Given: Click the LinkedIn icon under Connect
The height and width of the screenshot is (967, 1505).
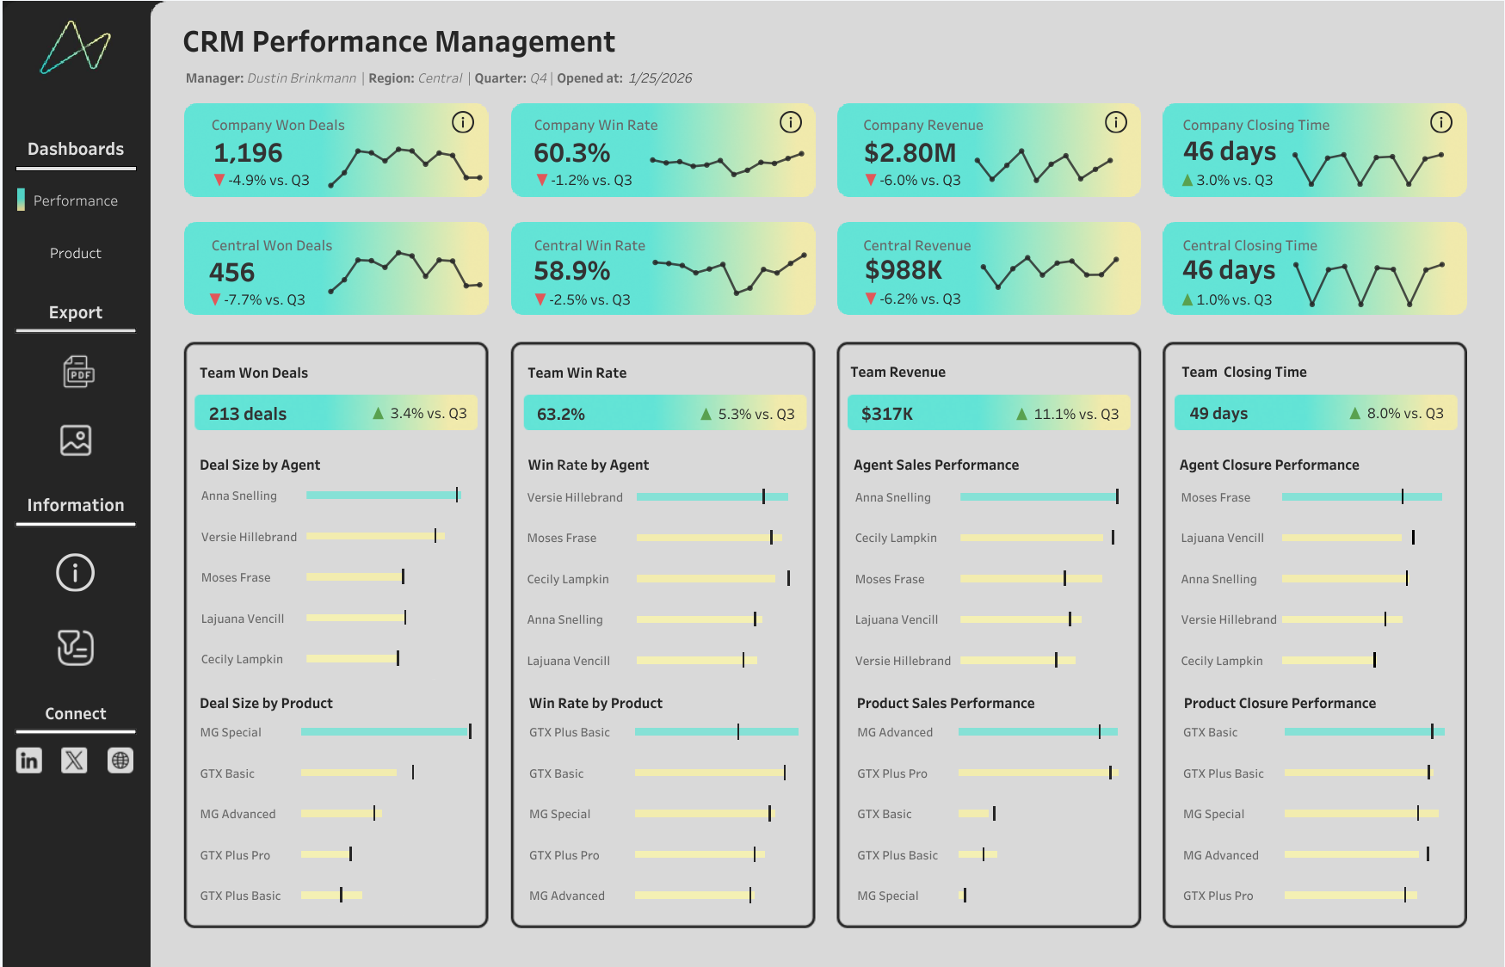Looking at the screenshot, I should click(29, 761).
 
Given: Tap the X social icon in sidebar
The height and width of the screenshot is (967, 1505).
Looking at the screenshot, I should click(75, 761).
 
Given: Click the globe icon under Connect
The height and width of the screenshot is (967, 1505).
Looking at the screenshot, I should click(120, 761).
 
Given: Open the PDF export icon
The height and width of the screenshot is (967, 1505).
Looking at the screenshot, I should click(78, 372).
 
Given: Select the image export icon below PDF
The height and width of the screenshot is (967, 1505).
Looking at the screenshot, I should click(76, 440).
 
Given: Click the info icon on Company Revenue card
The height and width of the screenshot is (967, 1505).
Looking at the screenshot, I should click(1115, 122).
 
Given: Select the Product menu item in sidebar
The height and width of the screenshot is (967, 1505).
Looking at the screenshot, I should click(76, 253).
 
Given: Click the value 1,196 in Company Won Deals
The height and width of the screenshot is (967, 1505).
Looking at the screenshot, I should click(248, 153).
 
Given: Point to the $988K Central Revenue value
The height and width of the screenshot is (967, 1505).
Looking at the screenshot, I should click(904, 270).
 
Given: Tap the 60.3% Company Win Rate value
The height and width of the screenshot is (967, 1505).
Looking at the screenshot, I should click(571, 153).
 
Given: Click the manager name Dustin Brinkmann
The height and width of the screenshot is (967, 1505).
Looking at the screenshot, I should click(301, 78).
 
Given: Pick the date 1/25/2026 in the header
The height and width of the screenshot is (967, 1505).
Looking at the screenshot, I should click(660, 78).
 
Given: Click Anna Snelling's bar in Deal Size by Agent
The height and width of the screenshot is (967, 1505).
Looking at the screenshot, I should click(383, 496).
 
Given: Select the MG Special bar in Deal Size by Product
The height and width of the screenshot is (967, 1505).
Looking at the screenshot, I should click(385, 732).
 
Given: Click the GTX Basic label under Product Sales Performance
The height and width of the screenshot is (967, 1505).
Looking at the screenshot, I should click(884, 814).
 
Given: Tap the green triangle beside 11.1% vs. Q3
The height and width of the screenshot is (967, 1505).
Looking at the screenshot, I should click(1021, 414).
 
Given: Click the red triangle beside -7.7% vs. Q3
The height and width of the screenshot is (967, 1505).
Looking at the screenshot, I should click(215, 299).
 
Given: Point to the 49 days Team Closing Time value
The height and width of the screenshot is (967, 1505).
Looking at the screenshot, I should click(1218, 414).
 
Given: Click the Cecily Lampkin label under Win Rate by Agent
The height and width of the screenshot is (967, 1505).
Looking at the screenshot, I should click(568, 579).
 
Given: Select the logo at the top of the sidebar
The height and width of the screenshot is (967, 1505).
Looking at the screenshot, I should click(76, 47).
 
